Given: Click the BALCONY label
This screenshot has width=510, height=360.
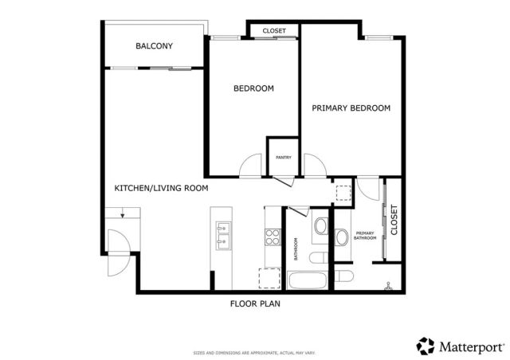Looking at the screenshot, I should point(154,46).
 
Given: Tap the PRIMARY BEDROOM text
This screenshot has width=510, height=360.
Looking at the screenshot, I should point(351,108).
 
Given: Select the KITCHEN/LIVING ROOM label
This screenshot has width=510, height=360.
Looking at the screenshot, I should point(161,189).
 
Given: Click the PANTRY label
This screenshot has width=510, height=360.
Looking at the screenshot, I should point(283,157).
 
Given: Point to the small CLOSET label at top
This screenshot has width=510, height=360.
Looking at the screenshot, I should point(274,31).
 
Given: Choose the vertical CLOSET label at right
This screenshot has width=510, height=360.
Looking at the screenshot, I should point(394,221).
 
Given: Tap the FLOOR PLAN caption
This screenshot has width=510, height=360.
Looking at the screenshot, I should point(255,303).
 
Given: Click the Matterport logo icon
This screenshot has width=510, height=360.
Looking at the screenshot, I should point(426,346).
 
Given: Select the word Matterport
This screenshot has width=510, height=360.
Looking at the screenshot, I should point(471,346).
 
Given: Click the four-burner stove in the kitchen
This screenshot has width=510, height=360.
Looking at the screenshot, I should point(273,237).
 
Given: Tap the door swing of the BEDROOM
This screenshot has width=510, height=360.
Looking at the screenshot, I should point(251,165).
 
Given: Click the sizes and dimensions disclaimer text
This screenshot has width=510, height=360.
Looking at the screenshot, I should point(255,352).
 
